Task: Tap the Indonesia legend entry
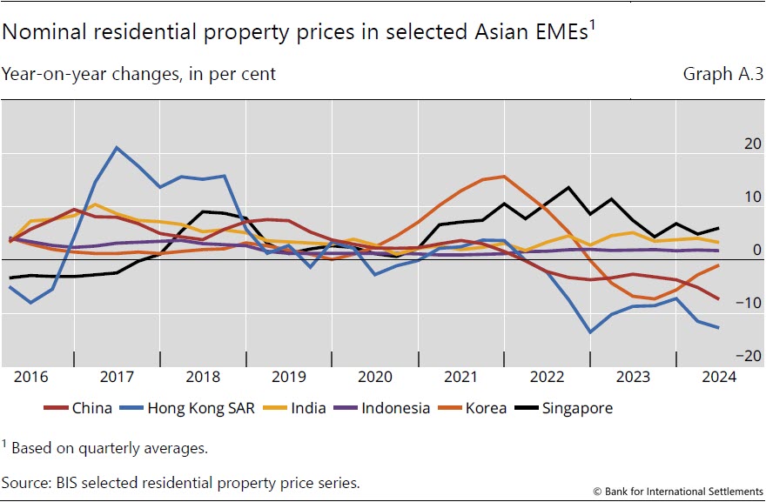396,407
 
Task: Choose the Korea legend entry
487,407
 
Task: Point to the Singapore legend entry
577,407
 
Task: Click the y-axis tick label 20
729,144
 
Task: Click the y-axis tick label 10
729,197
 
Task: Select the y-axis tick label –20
725,356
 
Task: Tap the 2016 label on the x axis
32,377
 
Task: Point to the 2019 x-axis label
289,377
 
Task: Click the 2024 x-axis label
718,377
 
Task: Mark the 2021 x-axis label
460,377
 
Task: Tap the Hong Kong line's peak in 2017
117,148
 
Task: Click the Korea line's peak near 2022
505,177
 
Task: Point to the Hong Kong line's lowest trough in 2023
590,332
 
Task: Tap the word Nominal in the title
42,33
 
